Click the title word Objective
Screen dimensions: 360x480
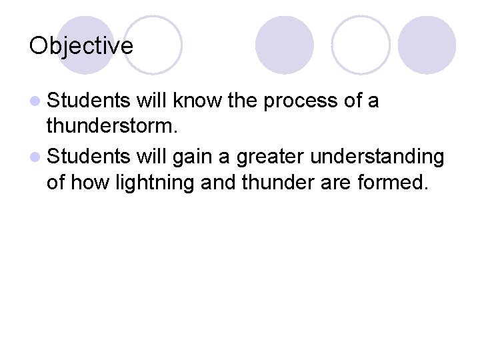click(x=81, y=46)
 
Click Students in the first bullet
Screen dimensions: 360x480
click(x=90, y=101)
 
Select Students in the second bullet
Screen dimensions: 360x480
click(x=90, y=156)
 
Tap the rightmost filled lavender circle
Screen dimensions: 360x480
click(x=427, y=45)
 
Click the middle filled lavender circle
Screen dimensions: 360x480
click(x=285, y=45)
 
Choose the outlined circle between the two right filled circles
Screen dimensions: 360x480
click(x=360, y=45)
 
